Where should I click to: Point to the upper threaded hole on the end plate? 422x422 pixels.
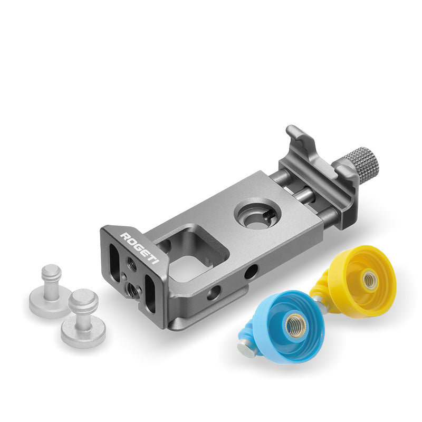click(x=132, y=267)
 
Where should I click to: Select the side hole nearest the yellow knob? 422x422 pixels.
click(x=251, y=272)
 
